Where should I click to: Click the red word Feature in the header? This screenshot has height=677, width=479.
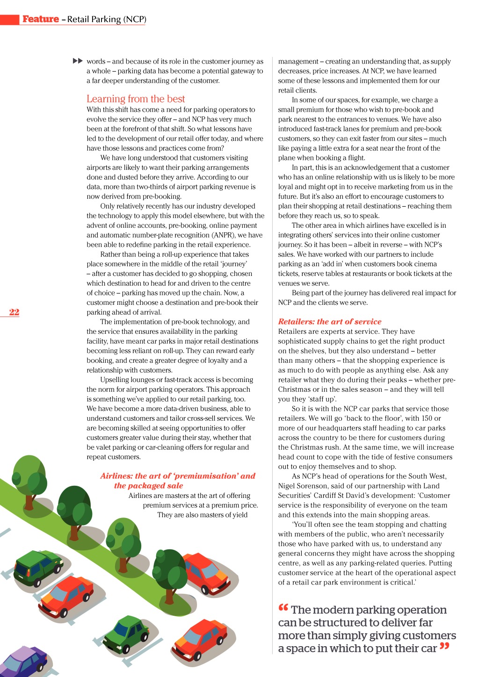coord(41,19)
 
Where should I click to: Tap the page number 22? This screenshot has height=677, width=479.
coord(14,312)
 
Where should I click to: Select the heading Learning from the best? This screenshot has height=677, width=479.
coord(136,99)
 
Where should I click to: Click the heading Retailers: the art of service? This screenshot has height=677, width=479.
coord(329,322)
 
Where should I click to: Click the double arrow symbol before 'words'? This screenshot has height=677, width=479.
coord(78,61)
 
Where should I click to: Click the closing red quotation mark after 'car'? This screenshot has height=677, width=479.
coord(444,647)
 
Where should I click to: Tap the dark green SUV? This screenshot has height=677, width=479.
coord(37,567)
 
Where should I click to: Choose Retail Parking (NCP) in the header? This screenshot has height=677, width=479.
coord(107,19)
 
